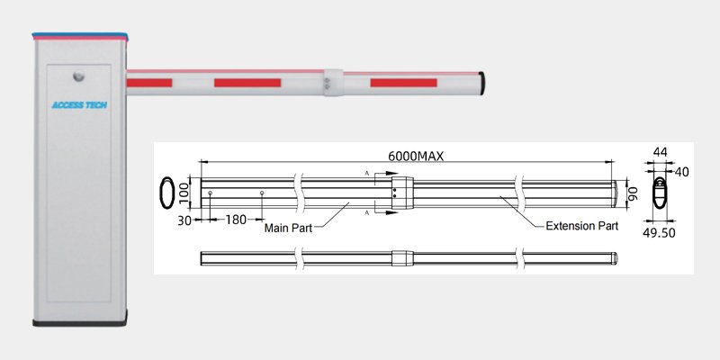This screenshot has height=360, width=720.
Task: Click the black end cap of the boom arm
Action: coord(482,83)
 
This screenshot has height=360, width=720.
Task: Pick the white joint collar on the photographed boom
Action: coord(332,82)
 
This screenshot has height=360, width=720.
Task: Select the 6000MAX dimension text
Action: coord(414,156)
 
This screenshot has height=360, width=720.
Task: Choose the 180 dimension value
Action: coord(236,220)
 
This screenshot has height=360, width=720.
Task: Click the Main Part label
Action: coord(287,229)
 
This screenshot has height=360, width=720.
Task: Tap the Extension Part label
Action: coord(581,226)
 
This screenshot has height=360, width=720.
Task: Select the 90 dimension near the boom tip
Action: coord(632,193)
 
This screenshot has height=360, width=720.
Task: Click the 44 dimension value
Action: coord(661,154)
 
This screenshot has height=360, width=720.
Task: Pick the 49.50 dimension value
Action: coord(661,231)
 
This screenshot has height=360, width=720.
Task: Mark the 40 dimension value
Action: coord(681,171)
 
